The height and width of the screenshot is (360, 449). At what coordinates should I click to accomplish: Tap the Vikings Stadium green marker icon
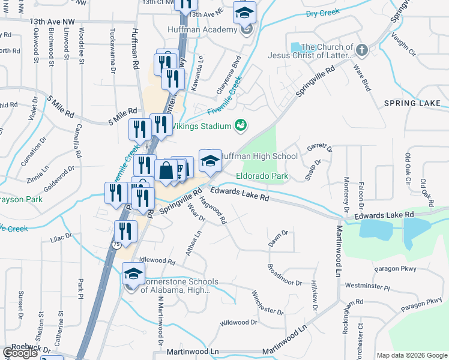pos(241,125)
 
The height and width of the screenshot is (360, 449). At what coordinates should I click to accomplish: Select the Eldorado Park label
pos(262,176)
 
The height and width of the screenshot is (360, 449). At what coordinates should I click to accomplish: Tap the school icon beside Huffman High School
pos(210,161)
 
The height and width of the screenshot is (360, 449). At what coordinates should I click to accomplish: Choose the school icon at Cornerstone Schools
pos(131,275)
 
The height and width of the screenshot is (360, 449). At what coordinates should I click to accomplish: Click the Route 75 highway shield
pos(116,244)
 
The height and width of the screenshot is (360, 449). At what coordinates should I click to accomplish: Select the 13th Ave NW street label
pos(52,21)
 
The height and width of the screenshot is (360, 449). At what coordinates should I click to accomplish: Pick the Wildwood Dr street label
pos(238,323)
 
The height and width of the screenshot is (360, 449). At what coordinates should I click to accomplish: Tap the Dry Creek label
pos(322,12)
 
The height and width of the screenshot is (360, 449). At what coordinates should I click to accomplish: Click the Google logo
pos(20,353)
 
